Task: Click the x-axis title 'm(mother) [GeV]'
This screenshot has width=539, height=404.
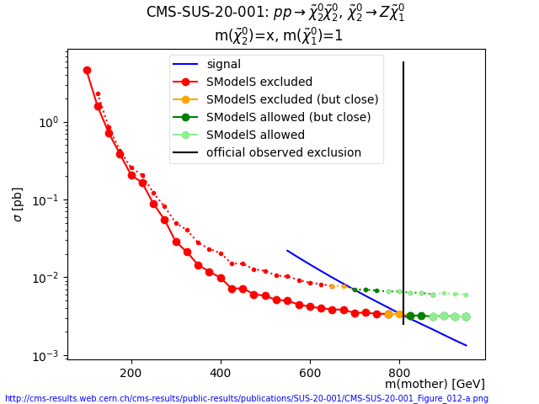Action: click(435, 385)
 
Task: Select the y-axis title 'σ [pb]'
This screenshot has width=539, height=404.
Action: click(18, 205)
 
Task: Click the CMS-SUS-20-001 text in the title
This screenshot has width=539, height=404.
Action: click(198, 13)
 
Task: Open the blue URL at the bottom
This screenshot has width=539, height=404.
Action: click(246, 399)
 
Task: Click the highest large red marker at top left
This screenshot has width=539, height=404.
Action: click(87, 71)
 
